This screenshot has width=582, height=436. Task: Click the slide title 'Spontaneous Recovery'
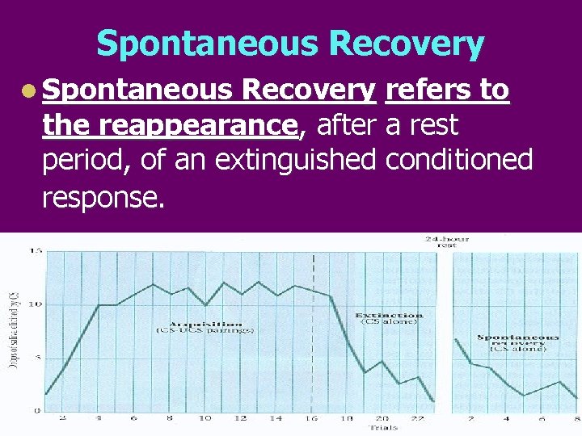(x=290, y=44)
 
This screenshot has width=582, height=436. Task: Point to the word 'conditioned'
(x=460, y=160)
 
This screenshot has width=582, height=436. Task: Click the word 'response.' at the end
(x=103, y=195)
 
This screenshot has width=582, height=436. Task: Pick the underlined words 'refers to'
(x=447, y=90)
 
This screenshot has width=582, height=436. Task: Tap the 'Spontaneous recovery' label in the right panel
(x=517, y=340)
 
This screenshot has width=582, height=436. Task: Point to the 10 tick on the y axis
(x=36, y=304)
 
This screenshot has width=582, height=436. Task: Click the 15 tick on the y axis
(x=36, y=251)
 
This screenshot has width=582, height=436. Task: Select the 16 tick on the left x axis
(x=311, y=418)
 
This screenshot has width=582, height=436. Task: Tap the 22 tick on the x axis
(x=417, y=418)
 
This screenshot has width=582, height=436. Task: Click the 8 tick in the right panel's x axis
(x=576, y=418)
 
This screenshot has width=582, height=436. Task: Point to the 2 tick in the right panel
(x=470, y=418)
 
